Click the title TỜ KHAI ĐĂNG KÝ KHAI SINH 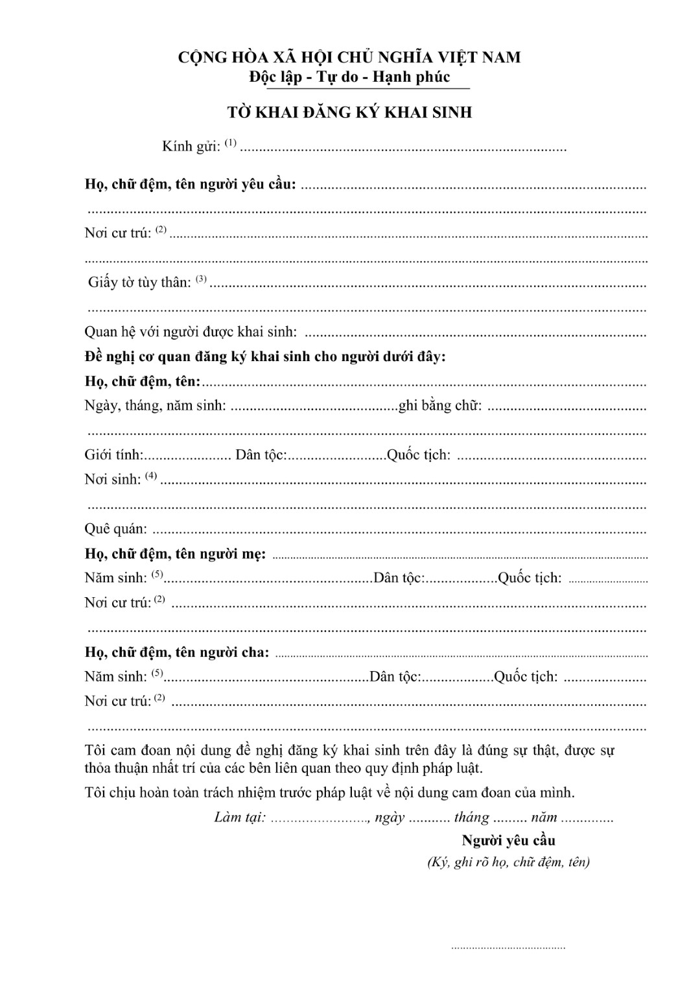(349, 112)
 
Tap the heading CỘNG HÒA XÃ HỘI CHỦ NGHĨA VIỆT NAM (349, 57)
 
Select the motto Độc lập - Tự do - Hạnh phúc (349, 77)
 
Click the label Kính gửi (191, 146)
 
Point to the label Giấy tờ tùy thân (139, 282)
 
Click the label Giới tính (114, 455)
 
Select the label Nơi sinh (112, 480)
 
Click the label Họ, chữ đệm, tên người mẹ (175, 554)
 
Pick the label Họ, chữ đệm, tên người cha (176, 652)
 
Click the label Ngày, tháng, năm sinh (156, 406)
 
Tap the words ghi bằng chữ (440, 406)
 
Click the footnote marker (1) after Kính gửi (231, 142)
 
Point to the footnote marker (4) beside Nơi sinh (151, 476)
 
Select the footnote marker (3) (201, 279)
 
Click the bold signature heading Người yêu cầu (508, 841)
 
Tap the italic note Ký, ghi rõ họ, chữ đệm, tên (508, 862)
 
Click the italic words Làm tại (240, 818)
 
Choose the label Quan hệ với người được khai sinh (191, 332)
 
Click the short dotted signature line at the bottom (508, 948)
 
